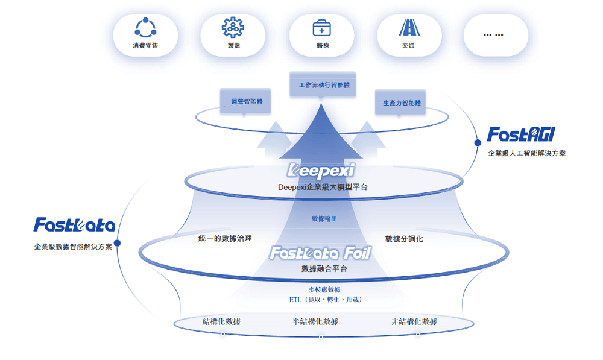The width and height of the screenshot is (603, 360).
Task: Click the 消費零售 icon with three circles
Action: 145,28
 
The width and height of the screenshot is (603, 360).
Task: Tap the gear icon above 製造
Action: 233,28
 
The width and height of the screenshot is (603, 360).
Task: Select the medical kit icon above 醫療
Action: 321,28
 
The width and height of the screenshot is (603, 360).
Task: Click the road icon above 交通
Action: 409,28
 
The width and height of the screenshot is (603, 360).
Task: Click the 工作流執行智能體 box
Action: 324,85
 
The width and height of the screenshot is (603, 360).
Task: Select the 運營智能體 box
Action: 246,102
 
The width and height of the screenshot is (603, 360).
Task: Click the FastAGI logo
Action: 521,134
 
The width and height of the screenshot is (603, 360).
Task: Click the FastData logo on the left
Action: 75,226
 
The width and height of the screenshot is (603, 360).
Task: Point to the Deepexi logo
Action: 321,169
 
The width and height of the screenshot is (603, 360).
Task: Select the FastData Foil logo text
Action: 320,253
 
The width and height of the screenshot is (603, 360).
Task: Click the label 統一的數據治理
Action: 225,239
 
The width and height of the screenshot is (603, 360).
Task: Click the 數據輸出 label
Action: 324,218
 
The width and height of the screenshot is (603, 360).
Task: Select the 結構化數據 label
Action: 221,322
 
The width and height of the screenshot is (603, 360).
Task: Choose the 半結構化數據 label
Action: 315,322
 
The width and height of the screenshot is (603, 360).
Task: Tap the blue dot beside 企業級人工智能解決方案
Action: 478,143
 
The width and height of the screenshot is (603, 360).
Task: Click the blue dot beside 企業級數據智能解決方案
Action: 118,244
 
